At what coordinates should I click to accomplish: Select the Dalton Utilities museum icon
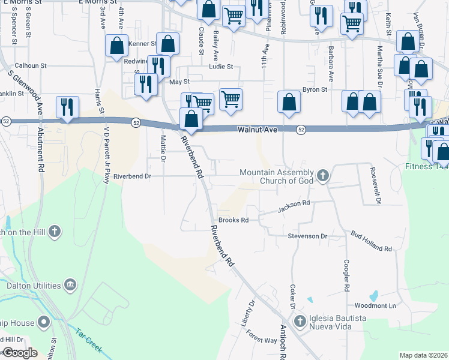click(70, 285)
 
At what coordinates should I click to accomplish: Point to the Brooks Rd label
click(233, 220)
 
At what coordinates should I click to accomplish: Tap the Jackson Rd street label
click(294, 206)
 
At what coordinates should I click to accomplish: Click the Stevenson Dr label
click(307, 236)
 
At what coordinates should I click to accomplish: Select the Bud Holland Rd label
click(372, 240)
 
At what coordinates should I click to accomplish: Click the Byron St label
click(315, 89)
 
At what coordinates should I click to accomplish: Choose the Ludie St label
click(220, 67)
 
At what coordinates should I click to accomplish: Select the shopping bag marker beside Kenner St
click(116, 46)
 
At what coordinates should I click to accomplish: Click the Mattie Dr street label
click(162, 149)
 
